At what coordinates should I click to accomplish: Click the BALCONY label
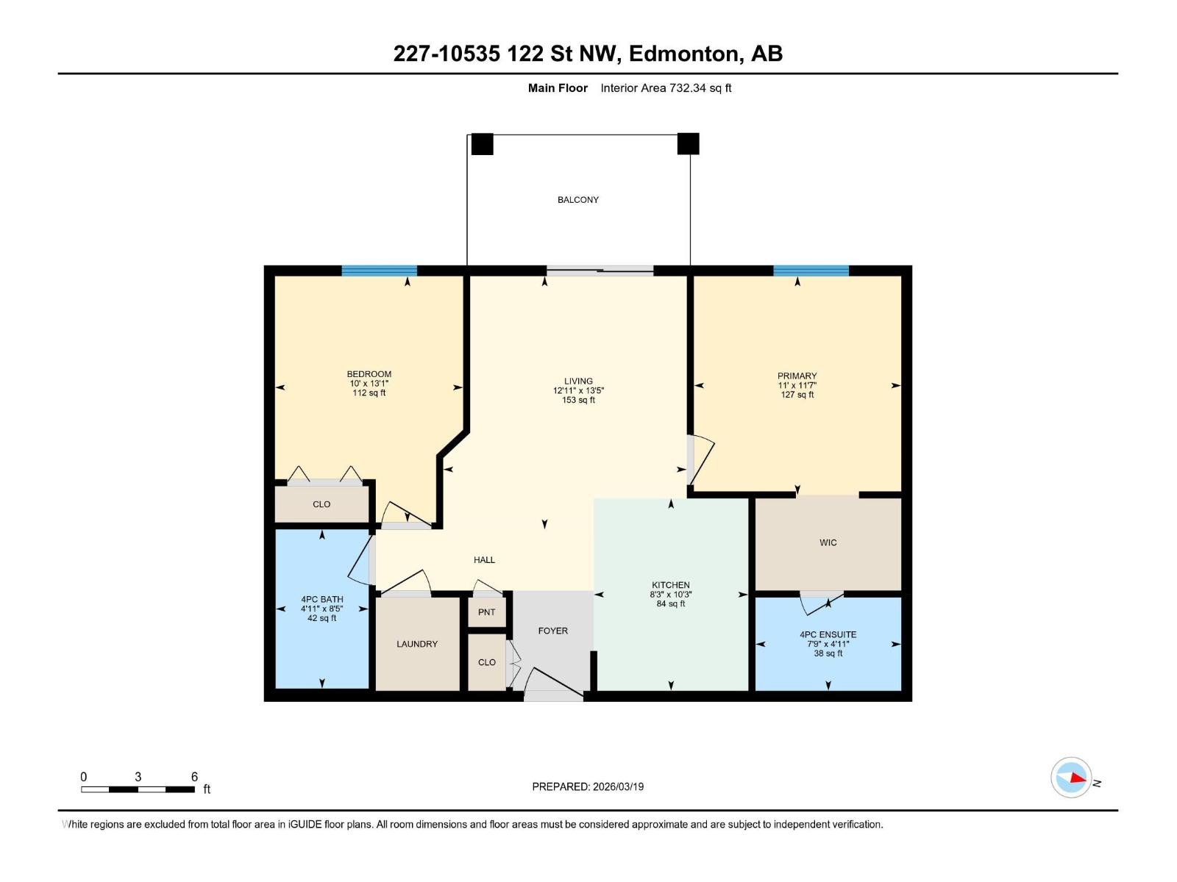577,200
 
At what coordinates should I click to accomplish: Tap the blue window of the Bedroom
379,270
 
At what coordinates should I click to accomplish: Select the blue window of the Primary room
810,270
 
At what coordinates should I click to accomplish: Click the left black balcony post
482,144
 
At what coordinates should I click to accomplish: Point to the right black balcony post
688,143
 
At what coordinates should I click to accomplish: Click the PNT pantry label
486,612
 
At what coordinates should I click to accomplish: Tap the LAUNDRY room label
416,644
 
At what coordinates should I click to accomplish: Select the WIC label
828,542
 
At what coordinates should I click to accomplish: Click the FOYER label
552,631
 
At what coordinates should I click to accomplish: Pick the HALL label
483,559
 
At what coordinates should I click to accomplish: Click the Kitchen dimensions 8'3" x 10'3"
670,594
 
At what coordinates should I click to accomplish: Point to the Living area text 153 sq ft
578,400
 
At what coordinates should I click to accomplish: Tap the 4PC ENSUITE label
828,634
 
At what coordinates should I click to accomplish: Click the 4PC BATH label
321,599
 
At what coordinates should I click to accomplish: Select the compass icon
1071,777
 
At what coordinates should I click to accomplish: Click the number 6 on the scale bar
194,776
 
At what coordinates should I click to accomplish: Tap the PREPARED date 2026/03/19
618,786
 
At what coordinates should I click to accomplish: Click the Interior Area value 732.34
687,87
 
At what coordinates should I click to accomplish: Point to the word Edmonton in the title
686,54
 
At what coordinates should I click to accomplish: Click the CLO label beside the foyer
486,662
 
